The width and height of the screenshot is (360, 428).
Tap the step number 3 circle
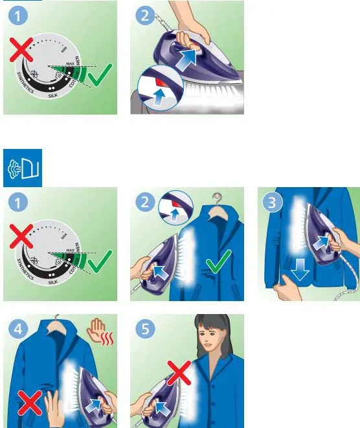273,202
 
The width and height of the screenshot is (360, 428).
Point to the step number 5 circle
146,330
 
